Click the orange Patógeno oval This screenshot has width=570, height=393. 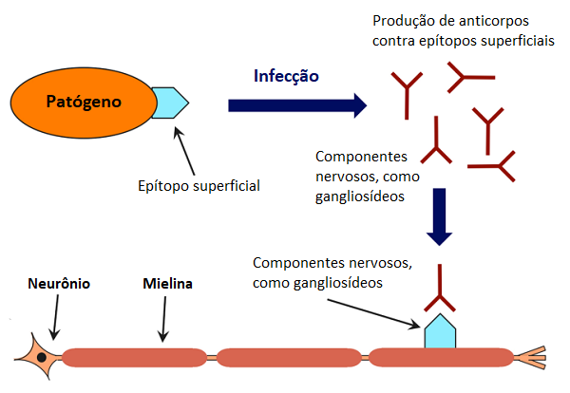click(84, 103)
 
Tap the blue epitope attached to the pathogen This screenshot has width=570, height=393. click(170, 103)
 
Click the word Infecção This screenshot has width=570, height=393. click(286, 76)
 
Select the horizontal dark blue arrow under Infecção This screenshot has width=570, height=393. click(297, 105)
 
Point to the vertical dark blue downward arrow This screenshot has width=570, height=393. click(439, 216)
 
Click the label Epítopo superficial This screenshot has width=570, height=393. click(199, 186)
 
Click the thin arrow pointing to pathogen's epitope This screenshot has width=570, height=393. click(184, 151)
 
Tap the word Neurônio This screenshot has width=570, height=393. click(59, 284)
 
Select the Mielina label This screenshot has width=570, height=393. click(167, 284)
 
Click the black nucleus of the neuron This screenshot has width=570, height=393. click(42, 358)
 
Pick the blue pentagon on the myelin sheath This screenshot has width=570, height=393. click(440, 331)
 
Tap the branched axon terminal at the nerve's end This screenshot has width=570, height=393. click(530, 358)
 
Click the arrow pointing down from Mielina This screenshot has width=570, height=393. click(164, 319)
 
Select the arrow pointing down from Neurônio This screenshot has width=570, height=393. click(56, 317)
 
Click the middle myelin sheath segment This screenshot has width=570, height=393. click(289, 358)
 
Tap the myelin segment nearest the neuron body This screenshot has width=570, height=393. click(134, 358)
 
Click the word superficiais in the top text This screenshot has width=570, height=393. click(518, 41)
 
